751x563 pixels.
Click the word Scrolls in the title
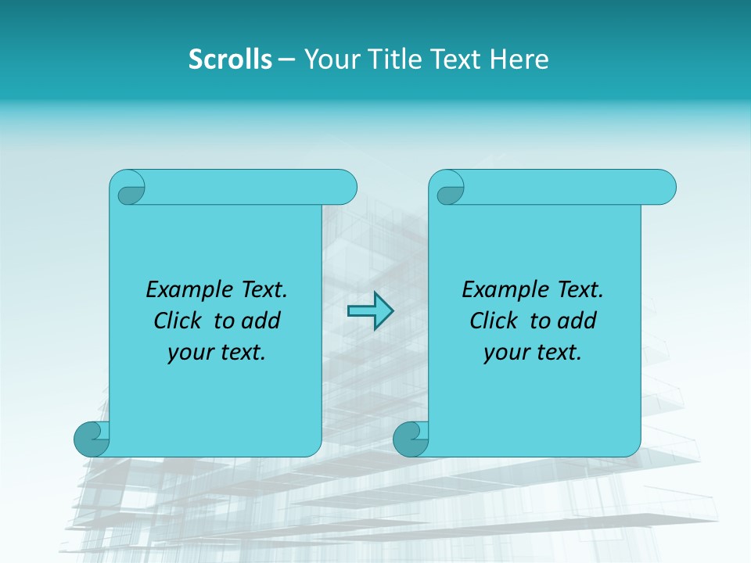(230, 59)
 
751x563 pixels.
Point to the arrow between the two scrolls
(370, 311)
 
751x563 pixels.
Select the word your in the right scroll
(506, 353)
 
